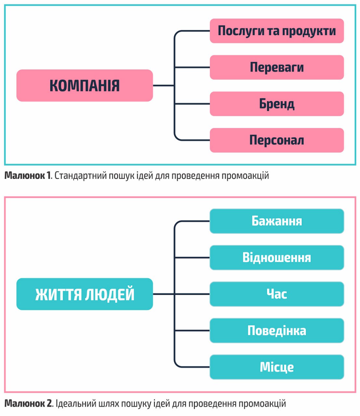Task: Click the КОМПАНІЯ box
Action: click(85, 85)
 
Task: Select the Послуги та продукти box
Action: click(276, 31)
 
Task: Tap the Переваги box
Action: click(276, 67)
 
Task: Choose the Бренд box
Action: click(276, 104)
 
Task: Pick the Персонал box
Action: click(276, 140)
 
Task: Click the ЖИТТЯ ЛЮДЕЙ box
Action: click(85, 294)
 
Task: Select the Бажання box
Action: click(276, 221)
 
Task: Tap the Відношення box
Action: click(276, 257)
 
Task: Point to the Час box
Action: click(276, 294)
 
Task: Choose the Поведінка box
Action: click(276, 331)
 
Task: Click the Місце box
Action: click(276, 367)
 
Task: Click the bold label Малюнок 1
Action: click(28, 176)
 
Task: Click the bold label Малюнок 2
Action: click(28, 404)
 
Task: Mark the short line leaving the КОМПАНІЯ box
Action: click(163, 85)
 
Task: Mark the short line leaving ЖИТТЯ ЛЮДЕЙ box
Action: click(163, 294)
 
